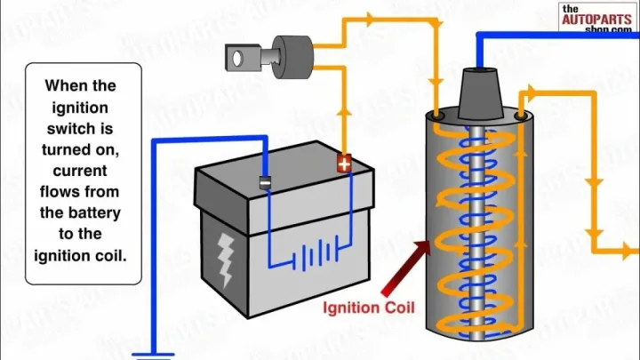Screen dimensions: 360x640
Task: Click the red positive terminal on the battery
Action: click(x=344, y=164)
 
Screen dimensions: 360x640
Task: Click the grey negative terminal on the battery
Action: click(x=264, y=181)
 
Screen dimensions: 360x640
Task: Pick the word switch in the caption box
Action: click(x=82, y=128)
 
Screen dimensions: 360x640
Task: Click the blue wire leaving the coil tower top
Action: click(x=533, y=36)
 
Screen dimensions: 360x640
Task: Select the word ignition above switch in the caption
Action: click(x=81, y=108)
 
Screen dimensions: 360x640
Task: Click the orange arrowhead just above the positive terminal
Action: click(x=344, y=115)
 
